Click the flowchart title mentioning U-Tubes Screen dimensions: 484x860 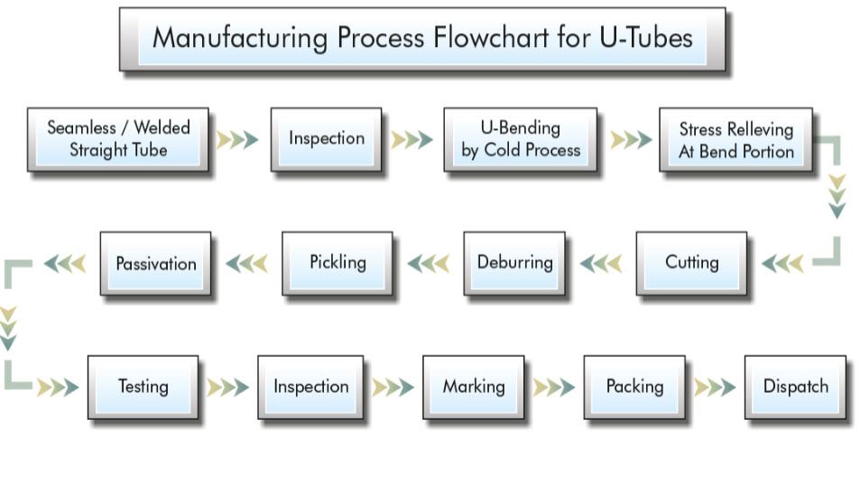(x=422, y=39)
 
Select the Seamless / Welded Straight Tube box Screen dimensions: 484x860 (x=118, y=139)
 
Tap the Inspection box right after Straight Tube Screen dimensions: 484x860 (x=326, y=139)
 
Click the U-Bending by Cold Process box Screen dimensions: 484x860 (x=520, y=139)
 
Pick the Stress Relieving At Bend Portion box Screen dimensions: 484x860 (x=735, y=140)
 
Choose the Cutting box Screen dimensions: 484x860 (x=691, y=263)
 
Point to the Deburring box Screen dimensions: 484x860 (x=514, y=263)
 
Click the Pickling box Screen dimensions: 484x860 (x=338, y=263)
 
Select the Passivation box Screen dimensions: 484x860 (x=155, y=264)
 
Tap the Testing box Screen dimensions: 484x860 (x=143, y=386)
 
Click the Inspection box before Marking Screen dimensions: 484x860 (x=310, y=386)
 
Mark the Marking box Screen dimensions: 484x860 (x=473, y=386)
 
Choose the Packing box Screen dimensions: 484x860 (x=634, y=386)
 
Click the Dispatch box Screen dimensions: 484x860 (x=795, y=386)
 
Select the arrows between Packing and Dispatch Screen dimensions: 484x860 (x=715, y=387)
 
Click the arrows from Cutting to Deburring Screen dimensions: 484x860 (x=601, y=264)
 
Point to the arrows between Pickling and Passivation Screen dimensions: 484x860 (x=246, y=264)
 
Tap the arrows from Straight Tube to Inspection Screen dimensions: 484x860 (x=237, y=140)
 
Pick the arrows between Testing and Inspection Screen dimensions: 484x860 (x=228, y=387)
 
